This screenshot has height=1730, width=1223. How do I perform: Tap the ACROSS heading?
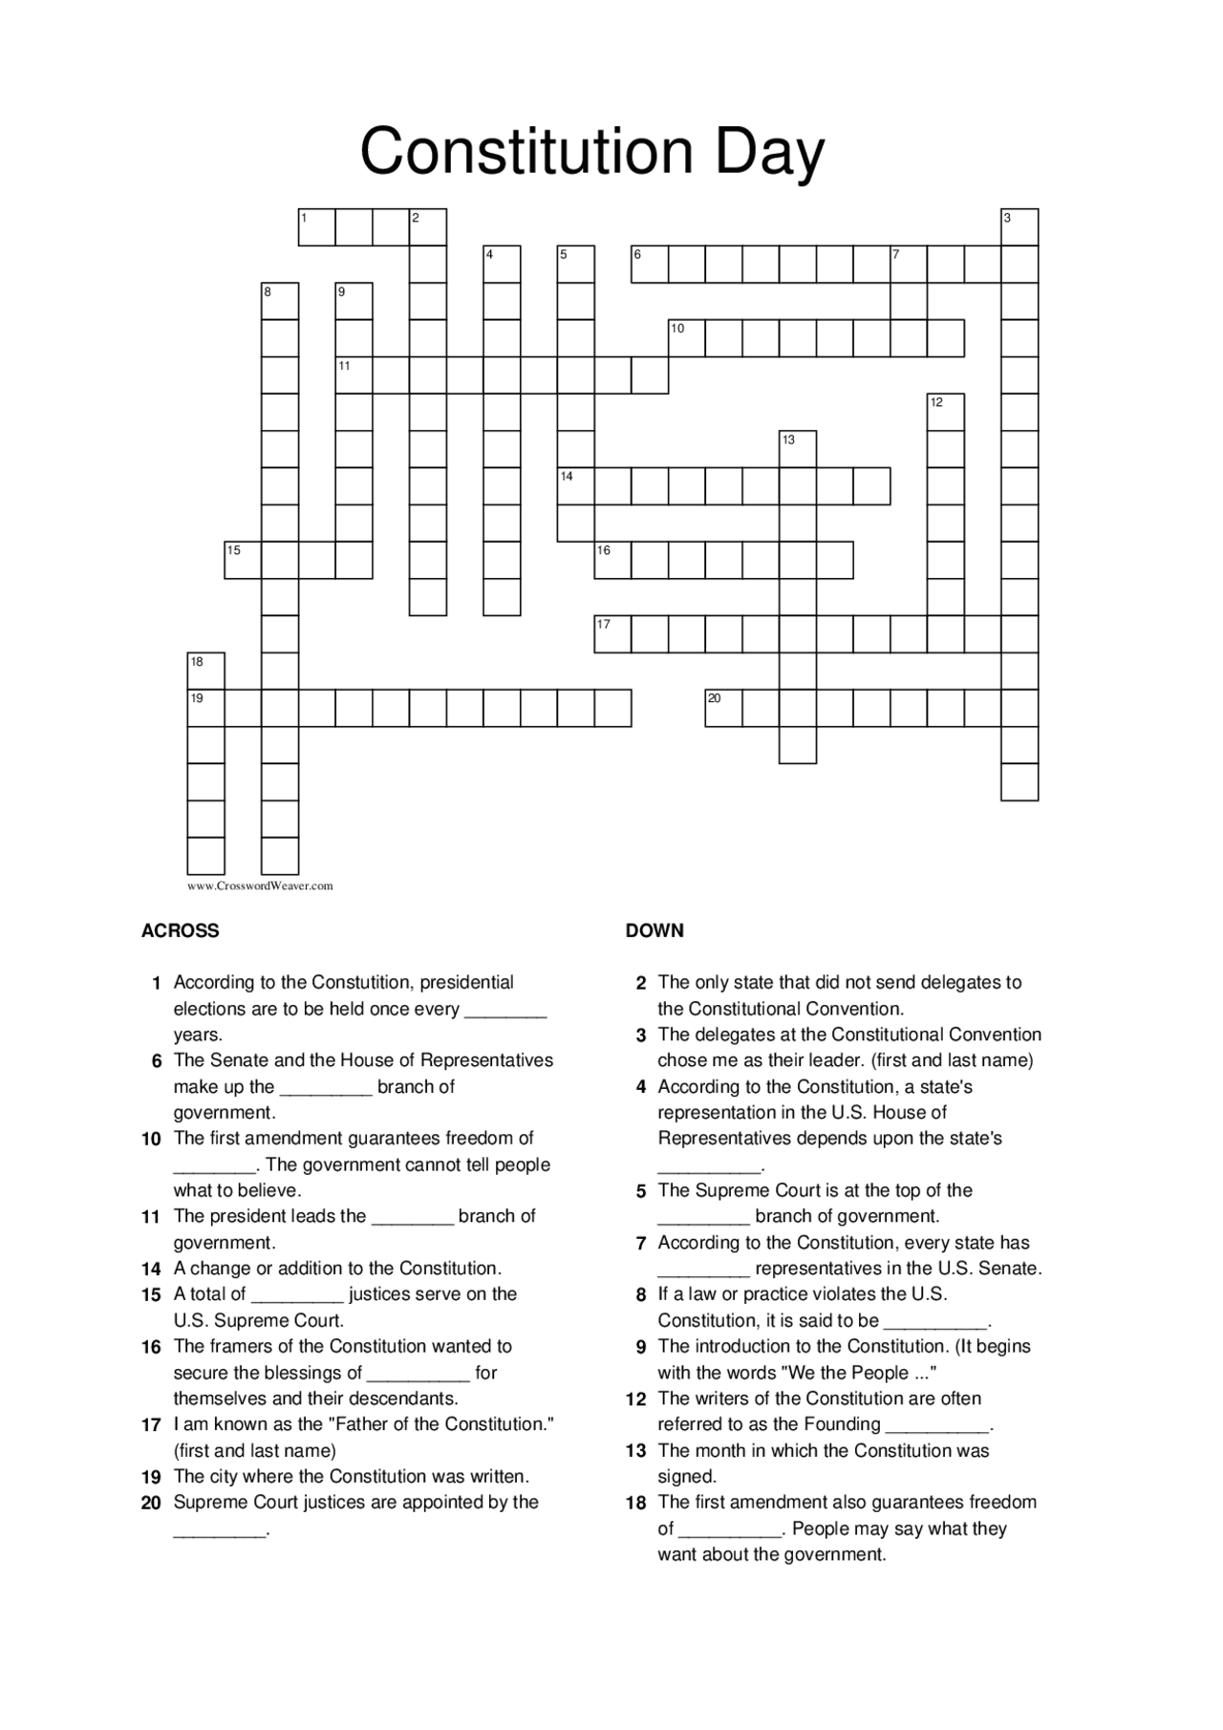180,930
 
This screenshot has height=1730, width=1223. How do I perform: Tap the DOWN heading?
654,930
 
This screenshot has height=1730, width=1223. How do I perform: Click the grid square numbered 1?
316,227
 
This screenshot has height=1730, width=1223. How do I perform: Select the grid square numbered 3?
1019,227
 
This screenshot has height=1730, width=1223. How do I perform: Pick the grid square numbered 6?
650,265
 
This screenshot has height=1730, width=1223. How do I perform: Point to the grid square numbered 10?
687,338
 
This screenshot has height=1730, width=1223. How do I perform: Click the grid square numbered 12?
946,413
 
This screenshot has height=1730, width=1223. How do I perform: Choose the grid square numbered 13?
798,449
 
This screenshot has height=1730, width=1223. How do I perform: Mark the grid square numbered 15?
243,560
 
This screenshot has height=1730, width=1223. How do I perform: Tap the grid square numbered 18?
205,671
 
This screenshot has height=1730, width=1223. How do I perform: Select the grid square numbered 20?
723,708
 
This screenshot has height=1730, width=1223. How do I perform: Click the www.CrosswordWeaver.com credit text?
260,886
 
